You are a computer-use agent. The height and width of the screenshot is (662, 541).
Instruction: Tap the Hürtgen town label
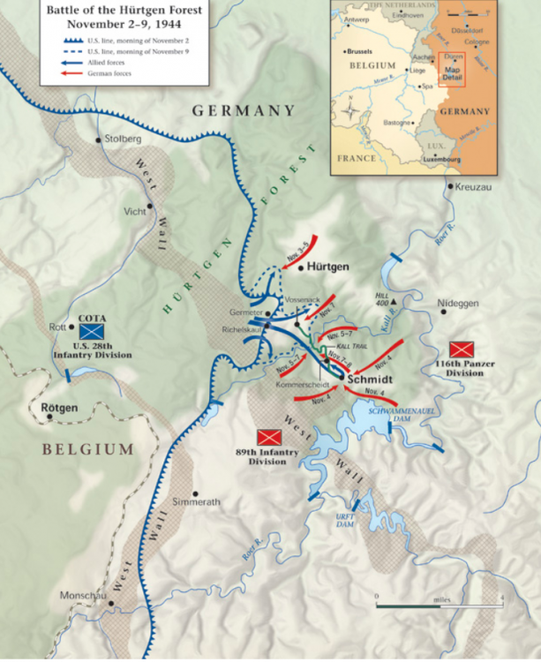pos(329,266)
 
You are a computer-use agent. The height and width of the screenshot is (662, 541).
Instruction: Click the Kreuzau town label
pos(472,187)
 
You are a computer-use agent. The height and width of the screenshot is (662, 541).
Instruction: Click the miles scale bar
pos(439,606)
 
